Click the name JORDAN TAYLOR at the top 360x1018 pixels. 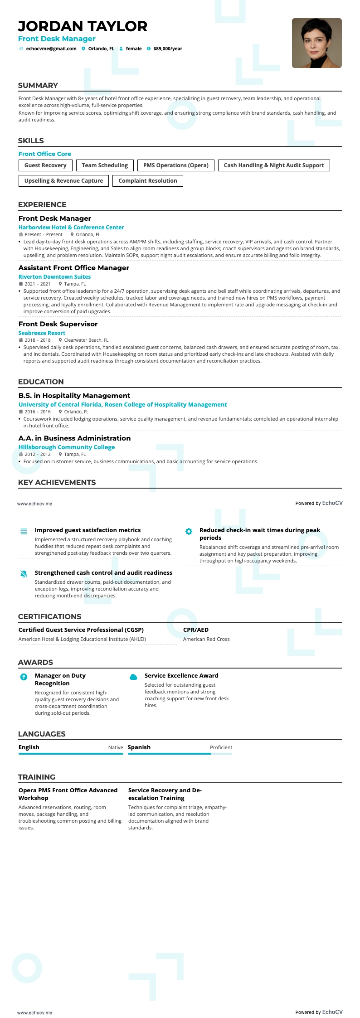[83, 26]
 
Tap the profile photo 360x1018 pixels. [316, 43]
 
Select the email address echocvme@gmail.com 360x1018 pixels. [51, 49]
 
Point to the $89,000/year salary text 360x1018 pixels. [168, 49]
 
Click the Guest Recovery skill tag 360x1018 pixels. [45, 165]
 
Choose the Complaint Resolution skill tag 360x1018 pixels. [148, 181]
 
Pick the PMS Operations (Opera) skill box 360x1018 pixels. [176, 165]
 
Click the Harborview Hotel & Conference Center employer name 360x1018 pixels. [71, 228]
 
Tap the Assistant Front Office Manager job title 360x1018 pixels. [74, 268]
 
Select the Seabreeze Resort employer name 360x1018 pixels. [42, 333]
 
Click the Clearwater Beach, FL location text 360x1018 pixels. [86, 340]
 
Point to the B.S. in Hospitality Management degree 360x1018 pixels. [74, 396]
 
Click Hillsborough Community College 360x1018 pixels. [67, 447]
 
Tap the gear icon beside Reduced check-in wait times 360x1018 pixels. [189, 531]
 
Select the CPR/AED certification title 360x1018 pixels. [196, 630]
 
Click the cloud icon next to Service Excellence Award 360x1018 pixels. [133, 677]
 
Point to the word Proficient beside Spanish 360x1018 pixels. [221, 747]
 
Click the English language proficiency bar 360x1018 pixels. [71, 754]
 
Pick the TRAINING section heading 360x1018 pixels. [37, 777]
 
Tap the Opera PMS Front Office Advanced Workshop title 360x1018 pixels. [68, 794]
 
